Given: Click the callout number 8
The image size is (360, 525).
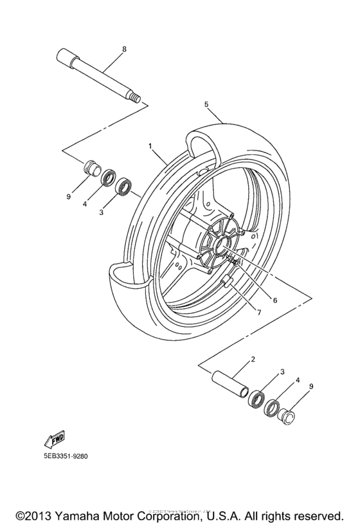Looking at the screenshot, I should click(x=124, y=48).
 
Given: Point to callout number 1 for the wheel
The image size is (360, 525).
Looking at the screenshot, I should click(x=150, y=146).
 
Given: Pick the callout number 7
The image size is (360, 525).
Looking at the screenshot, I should click(x=260, y=313).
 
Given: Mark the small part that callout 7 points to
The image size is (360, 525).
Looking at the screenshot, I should click(x=226, y=282).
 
